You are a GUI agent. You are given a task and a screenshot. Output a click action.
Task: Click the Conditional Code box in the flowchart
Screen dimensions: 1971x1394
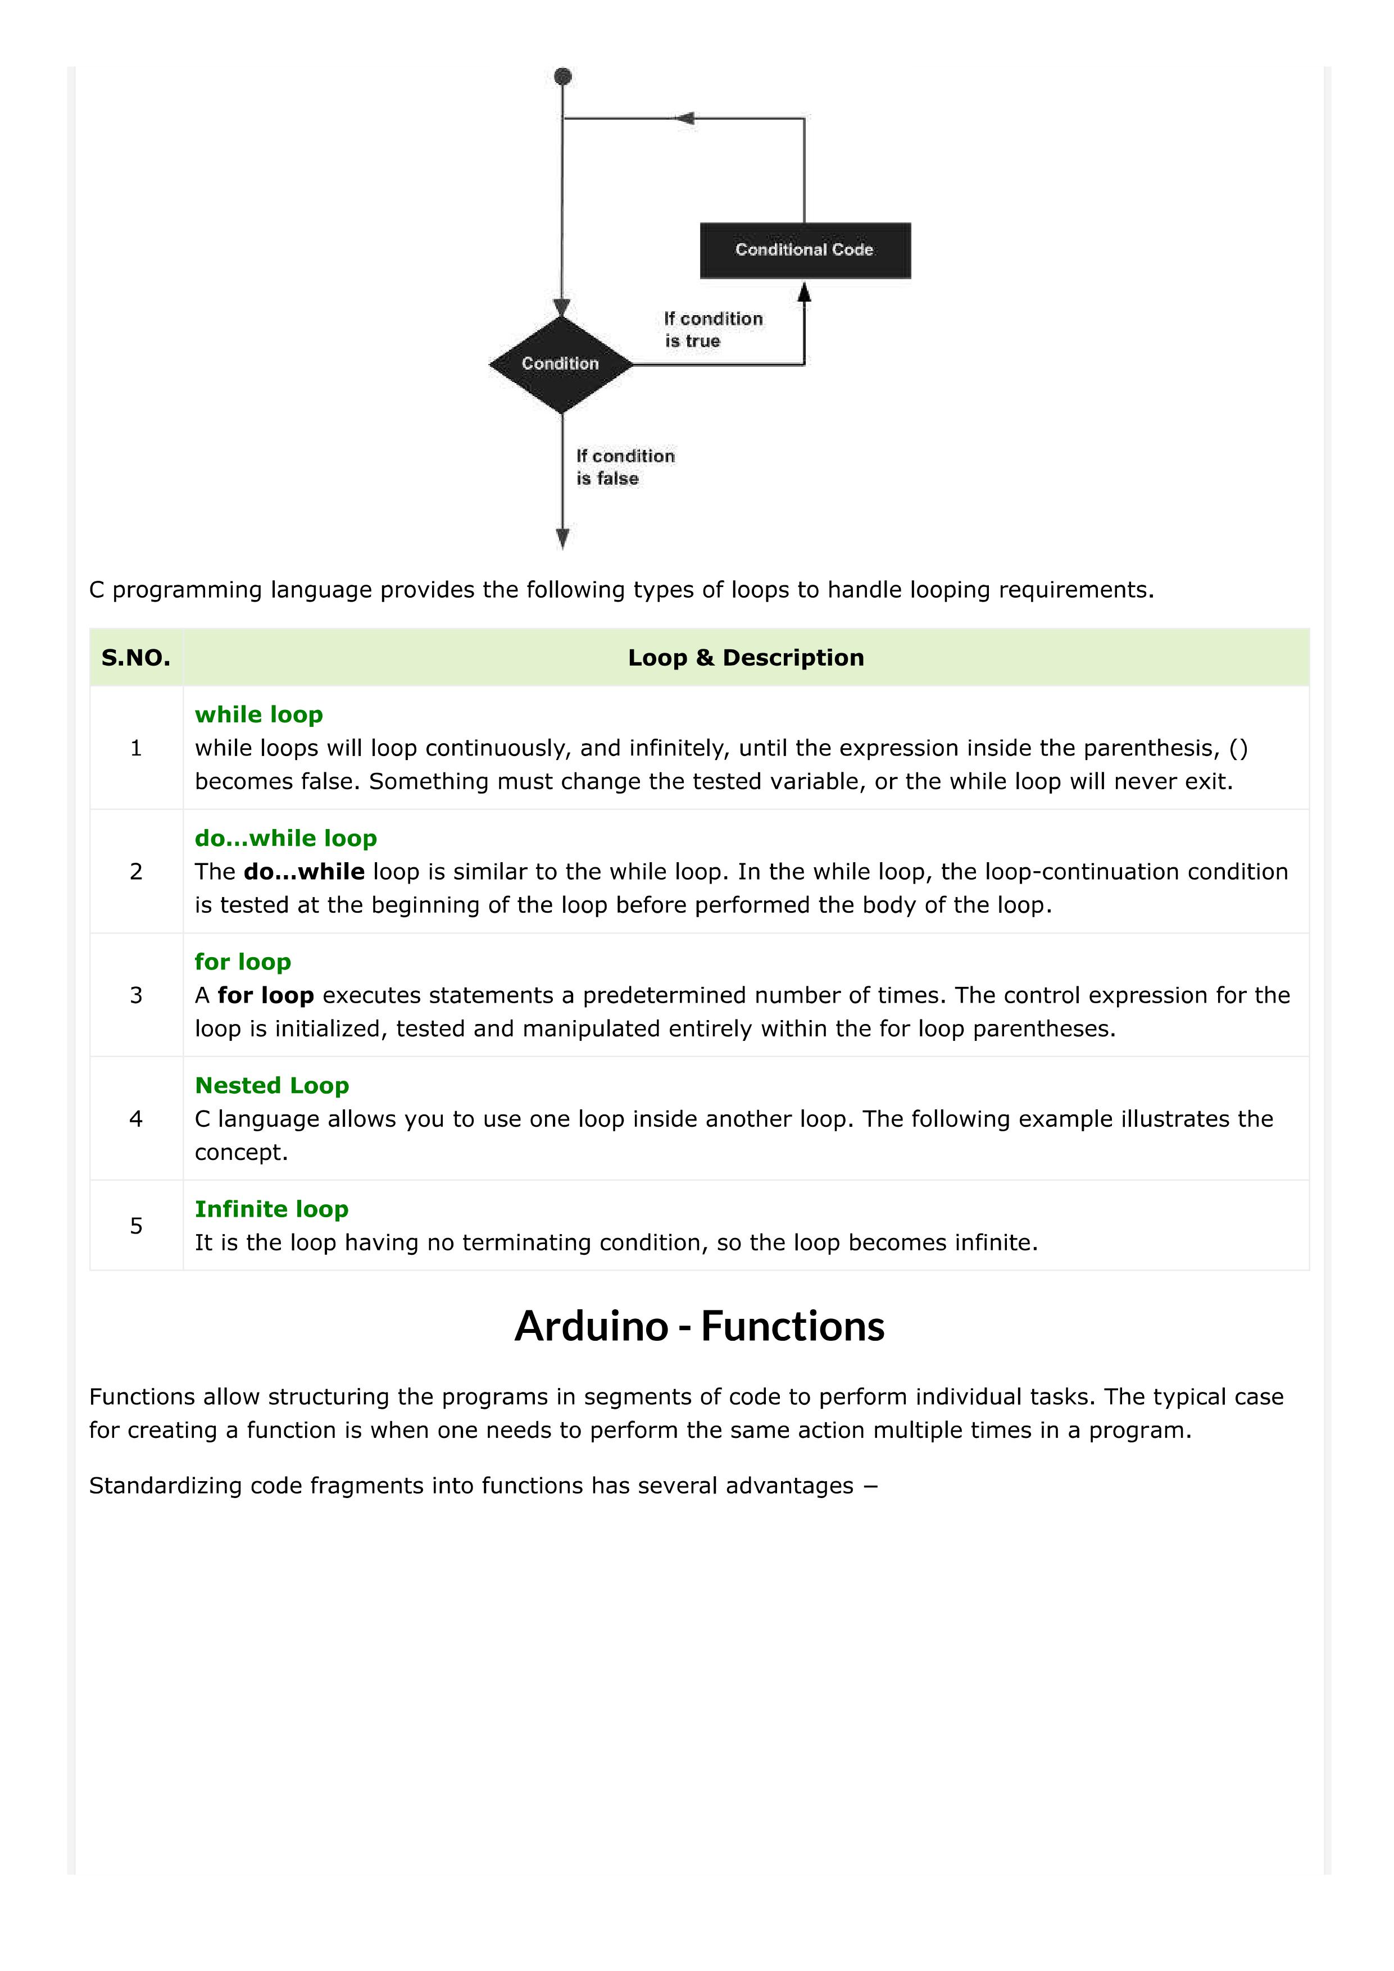click(805, 250)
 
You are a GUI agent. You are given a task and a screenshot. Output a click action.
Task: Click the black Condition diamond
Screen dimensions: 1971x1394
click(561, 364)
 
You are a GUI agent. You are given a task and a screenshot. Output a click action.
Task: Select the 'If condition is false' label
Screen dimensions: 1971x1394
click(624, 467)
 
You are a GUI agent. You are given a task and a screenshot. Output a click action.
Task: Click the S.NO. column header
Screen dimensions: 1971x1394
click(136, 658)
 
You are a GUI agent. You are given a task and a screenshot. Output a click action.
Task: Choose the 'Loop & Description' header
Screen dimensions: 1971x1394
click(746, 658)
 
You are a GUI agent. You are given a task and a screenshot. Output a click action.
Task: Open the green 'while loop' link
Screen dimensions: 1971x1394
click(258, 714)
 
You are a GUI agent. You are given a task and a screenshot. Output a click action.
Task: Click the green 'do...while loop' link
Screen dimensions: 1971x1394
click(285, 838)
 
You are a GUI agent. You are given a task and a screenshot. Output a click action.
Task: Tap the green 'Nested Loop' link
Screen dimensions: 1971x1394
click(271, 1085)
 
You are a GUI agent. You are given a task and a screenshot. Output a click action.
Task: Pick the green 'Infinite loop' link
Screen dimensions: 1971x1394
click(271, 1209)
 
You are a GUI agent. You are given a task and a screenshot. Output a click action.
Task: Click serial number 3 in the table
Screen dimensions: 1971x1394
click(136, 995)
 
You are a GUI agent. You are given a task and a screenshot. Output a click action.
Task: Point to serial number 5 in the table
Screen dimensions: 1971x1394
click(136, 1226)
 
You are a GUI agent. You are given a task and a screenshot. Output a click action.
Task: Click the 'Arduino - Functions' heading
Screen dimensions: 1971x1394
click(699, 1326)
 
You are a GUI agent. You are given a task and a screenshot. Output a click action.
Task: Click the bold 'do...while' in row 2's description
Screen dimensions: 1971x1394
click(304, 871)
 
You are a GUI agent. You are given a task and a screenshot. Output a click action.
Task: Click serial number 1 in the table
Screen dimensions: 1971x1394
click(136, 748)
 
